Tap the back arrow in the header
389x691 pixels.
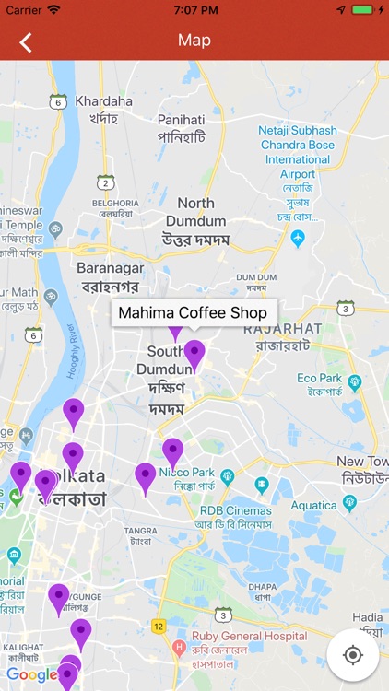tap(26, 41)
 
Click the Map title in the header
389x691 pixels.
tap(194, 41)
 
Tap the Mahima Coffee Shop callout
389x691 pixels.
tap(193, 312)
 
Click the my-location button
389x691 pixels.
tap(352, 655)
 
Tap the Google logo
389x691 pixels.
tap(31, 675)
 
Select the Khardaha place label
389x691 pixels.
tap(103, 100)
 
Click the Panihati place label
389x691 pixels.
tap(181, 120)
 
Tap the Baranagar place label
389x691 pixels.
tap(110, 268)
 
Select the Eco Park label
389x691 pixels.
tap(320, 379)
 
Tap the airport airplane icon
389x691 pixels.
tap(298, 238)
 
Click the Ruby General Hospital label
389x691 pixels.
tap(249, 636)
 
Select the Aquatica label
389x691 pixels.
tap(313, 504)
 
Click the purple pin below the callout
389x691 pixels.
tap(194, 353)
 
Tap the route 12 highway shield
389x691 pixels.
tap(159, 627)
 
